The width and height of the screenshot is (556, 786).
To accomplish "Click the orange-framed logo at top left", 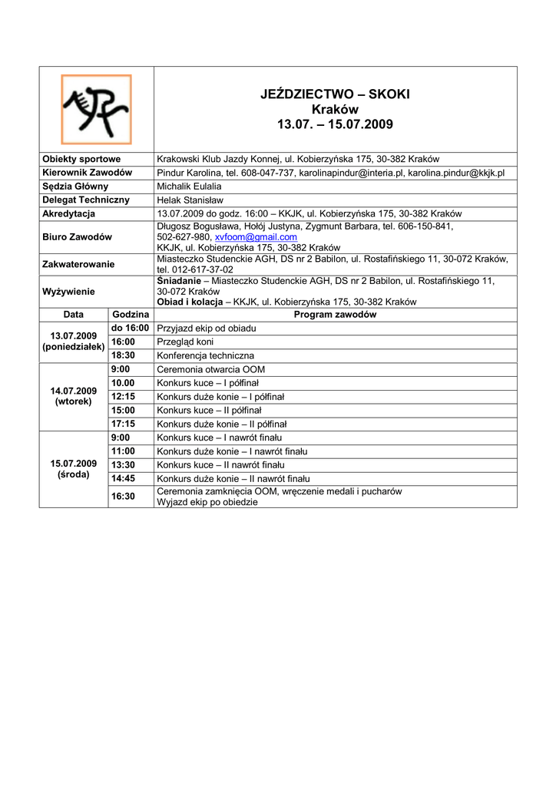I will point(96,108).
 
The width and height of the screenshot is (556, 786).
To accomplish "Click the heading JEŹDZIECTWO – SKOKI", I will point(335,94).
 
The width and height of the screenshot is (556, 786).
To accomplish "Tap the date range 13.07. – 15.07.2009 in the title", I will point(335,124).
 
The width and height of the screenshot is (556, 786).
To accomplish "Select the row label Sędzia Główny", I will point(74,187).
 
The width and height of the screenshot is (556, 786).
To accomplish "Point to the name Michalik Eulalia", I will point(189,187).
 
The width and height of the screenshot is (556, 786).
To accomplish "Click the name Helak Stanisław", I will point(188,200).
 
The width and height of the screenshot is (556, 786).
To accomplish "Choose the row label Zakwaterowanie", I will point(78,264).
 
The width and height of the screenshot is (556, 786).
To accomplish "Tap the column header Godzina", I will point(131,315).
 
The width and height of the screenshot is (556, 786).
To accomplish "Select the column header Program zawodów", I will point(335,315).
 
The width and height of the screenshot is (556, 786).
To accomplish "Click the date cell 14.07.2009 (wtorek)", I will point(73,396).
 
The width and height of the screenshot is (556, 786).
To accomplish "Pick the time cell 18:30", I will point(123,356).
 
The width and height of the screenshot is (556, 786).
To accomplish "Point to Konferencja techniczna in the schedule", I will point(205,356).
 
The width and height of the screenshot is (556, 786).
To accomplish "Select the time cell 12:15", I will point(123,397).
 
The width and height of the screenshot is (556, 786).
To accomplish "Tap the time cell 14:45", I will point(123,478).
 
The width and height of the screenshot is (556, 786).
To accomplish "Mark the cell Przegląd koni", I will point(185,342).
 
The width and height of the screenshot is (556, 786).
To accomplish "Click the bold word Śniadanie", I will point(178,281).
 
